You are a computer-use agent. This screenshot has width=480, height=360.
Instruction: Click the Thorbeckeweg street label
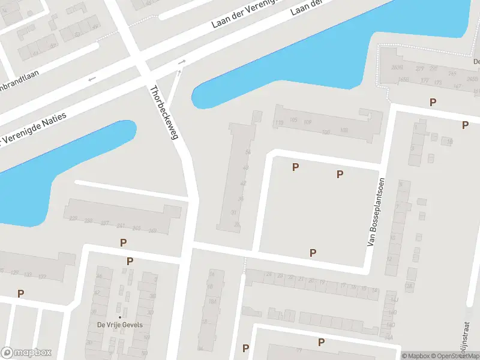coord(164,113)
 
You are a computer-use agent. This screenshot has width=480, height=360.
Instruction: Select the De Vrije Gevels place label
coord(119,325)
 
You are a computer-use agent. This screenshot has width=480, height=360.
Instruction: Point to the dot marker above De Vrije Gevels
coord(119,316)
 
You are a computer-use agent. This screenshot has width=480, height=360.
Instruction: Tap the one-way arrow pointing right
coord(180,62)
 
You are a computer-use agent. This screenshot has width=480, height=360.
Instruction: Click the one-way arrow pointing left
coord(92,79)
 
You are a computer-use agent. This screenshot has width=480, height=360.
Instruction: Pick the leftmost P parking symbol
coord(20,293)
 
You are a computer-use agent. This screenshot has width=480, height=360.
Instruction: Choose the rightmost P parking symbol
coord(465,125)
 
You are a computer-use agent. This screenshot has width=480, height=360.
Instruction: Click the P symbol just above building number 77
coord(321,342)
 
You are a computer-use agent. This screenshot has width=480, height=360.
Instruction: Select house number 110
coord(278,122)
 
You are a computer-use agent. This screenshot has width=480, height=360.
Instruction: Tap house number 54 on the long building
coord(247,152)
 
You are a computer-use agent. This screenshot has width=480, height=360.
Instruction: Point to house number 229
coord(73,218)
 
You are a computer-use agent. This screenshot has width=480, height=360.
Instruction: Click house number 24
coord(269,275)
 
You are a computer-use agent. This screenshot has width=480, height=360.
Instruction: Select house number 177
coord(424,80)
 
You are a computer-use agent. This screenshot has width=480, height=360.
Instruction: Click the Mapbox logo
coord(26,353)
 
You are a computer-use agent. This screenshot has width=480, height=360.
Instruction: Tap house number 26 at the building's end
coord(237,225)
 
